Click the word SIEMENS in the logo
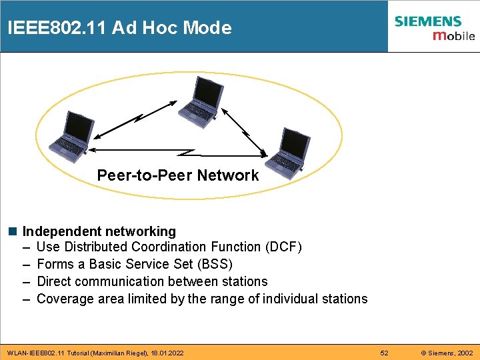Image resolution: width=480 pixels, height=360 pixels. point(428,21)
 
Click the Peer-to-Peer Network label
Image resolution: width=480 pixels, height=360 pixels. point(177,175)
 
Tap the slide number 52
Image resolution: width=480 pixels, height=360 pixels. point(384,352)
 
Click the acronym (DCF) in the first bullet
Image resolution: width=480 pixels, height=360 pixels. point(283,247)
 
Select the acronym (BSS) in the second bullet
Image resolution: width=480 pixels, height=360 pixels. point(214,265)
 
